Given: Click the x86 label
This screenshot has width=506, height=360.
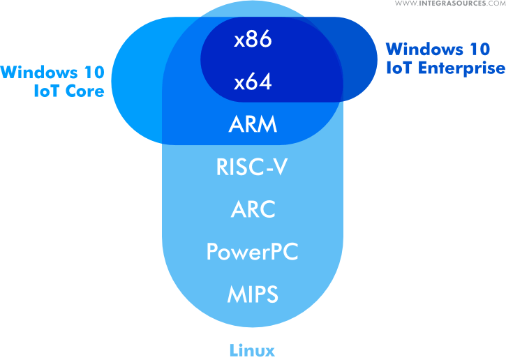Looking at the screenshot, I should [253, 40].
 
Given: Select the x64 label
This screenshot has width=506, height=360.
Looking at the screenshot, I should [253, 83].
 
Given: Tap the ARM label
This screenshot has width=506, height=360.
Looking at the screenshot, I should [253, 126].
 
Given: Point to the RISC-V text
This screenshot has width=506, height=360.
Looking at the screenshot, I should [253, 167].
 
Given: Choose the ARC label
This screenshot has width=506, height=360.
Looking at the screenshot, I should [253, 209].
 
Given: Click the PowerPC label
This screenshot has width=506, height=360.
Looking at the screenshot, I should [253, 252].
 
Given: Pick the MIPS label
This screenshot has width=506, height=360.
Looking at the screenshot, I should [253, 294].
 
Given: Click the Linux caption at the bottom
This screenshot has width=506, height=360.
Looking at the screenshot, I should [252, 350].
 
